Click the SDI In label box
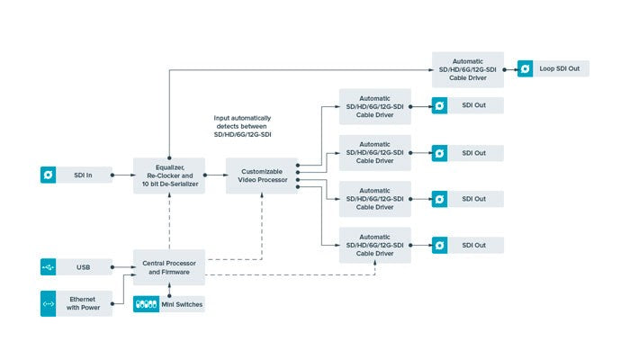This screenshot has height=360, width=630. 87,174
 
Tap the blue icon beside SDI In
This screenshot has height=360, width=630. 49,174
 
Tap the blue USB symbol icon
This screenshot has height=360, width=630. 49,266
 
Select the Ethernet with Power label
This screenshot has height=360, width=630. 87,303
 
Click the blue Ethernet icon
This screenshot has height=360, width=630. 49,303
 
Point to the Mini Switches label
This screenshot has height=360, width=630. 183,304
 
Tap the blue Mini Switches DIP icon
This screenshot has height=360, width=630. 146,304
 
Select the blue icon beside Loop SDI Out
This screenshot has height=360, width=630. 525,68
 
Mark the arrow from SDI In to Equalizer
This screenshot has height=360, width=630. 123,174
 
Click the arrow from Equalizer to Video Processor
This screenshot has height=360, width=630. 214,174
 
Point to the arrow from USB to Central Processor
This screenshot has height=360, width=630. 123,266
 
